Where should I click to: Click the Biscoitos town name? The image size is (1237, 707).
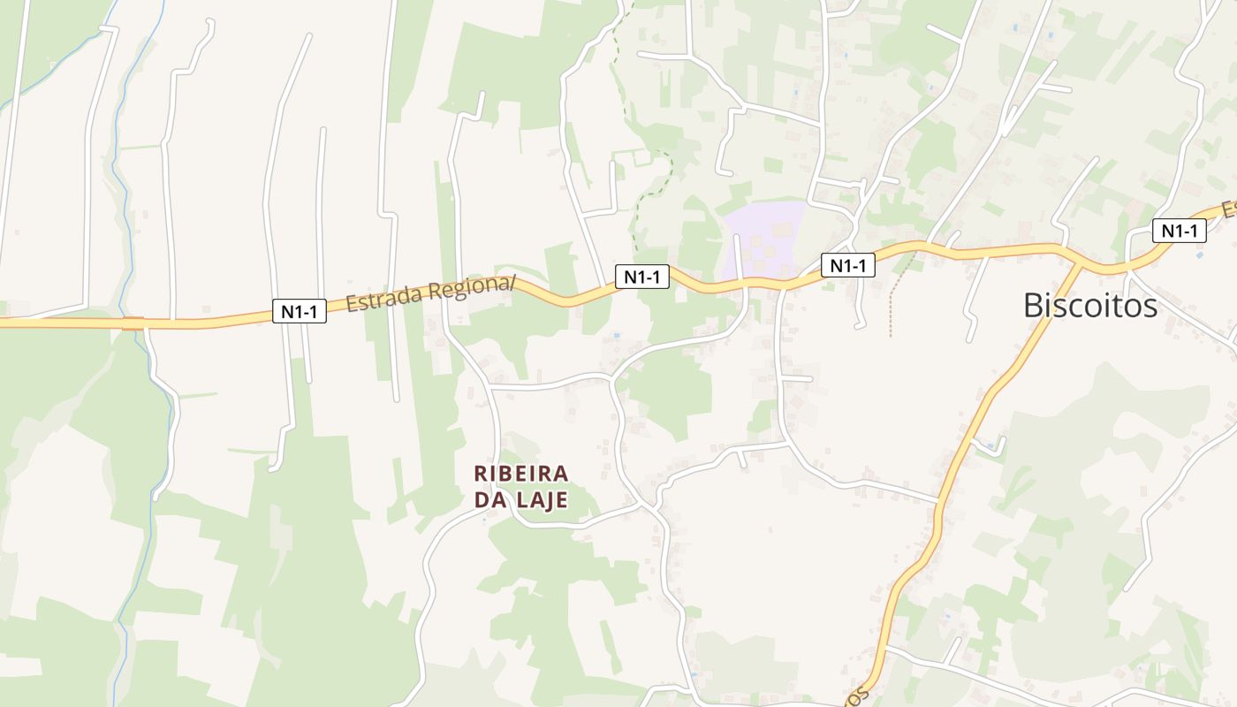(x=1089, y=306)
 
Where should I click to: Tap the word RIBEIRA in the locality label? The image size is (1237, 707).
(x=521, y=475)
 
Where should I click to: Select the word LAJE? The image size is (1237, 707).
(x=539, y=500)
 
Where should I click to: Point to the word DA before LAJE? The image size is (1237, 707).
(x=489, y=500)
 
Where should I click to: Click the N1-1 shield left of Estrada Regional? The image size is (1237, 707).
(x=299, y=311)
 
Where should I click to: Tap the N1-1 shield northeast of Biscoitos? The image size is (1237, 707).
(x=1180, y=232)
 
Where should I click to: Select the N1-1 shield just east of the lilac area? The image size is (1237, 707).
(x=848, y=265)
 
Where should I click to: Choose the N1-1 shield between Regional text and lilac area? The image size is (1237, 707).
(x=642, y=277)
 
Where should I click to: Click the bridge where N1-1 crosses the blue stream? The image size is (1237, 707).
(x=133, y=323)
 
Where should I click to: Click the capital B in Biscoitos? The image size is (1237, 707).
(x=1032, y=306)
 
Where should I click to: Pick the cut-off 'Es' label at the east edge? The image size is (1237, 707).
(x=1229, y=209)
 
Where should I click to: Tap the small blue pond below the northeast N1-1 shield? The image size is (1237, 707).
(x=1199, y=255)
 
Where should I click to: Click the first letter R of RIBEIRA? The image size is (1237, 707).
(x=482, y=475)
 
